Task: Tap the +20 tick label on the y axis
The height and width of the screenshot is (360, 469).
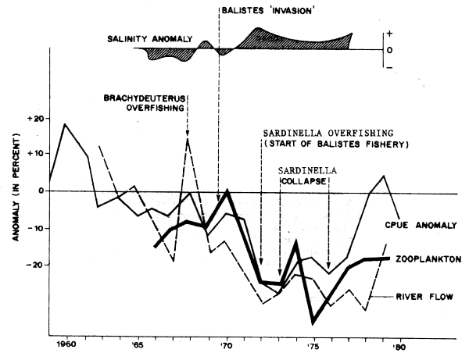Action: click(30, 119)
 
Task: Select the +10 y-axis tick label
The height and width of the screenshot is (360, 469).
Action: click(30, 154)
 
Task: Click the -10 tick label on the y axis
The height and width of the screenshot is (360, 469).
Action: click(30, 229)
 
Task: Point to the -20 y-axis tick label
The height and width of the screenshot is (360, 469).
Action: click(30, 266)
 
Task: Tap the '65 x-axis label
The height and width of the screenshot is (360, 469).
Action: click(138, 343)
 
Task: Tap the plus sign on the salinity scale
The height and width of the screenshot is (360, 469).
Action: click(388, 35)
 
